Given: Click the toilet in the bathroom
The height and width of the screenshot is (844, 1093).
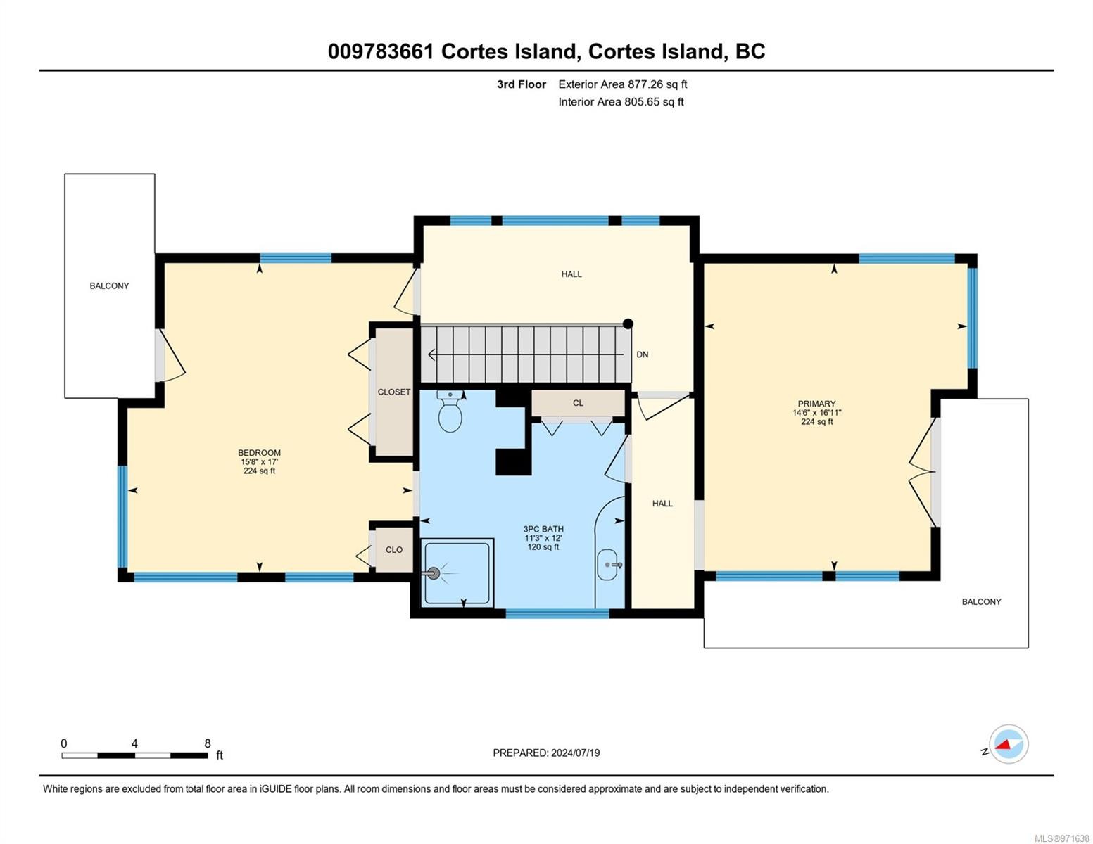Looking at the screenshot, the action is pos(450,411).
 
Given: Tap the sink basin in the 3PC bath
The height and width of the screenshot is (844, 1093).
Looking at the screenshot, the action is pos(608,565).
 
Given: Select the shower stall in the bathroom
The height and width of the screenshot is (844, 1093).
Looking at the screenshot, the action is pos(457,573).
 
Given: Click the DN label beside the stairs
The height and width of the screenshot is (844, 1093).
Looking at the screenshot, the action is pos(643,354).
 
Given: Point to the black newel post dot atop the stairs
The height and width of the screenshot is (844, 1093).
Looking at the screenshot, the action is pos(628,324).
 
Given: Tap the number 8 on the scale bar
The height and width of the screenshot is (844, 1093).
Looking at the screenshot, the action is pos(207,743).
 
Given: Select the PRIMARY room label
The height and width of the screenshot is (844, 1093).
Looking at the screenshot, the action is pos(816,404).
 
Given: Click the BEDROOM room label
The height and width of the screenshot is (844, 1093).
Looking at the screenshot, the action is pos(259,452).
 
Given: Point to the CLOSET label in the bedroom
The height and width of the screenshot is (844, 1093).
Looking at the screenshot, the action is pos(394,392).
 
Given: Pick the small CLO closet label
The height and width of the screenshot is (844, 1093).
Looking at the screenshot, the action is pos(394,550).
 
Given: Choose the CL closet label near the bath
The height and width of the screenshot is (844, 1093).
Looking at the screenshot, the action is pos(578,403).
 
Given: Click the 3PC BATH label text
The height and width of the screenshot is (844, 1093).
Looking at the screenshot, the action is pos(543,529).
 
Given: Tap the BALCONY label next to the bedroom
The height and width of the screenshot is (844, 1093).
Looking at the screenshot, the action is pos(109,286).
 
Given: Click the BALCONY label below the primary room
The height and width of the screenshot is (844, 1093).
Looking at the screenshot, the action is pos(981,602).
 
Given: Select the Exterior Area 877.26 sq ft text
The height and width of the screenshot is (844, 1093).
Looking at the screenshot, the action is pos(623,84).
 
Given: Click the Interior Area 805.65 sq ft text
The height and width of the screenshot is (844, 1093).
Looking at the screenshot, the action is pos(621,102).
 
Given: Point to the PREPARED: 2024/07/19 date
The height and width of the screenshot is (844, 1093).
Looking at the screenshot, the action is pos(546,753).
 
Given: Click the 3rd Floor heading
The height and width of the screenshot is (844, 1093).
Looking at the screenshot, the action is pos(522,84).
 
